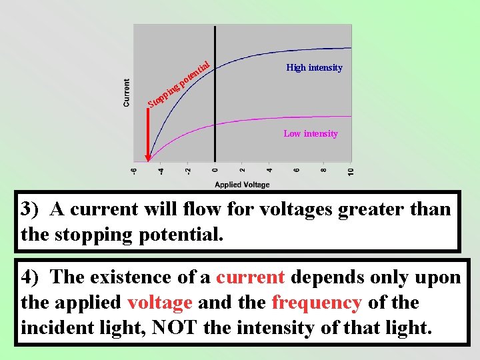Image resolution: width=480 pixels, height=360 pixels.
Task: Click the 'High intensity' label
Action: point(314,67)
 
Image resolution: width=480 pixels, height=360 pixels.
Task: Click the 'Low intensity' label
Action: point(311,133)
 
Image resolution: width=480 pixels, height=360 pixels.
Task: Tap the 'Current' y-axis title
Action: point(127,93)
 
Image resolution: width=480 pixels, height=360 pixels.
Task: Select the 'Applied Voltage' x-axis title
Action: point(242,185)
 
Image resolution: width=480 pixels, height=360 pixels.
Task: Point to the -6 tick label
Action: point(134,172)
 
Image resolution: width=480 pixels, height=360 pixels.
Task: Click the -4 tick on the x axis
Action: point(160,172)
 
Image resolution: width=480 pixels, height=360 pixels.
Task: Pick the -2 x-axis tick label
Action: point(187,172)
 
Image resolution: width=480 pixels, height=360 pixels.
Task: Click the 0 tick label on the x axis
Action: point(215,172)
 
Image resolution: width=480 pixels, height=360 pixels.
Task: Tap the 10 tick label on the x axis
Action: point(351,172)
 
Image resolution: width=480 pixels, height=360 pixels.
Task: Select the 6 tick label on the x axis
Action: point(297,172)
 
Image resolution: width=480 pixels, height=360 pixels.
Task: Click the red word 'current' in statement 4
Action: point(251,277)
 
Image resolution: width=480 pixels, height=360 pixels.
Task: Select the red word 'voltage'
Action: point(160,302)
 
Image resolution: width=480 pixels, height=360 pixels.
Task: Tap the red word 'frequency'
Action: point(317,302)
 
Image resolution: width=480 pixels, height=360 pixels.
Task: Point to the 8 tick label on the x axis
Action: point(324,172)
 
